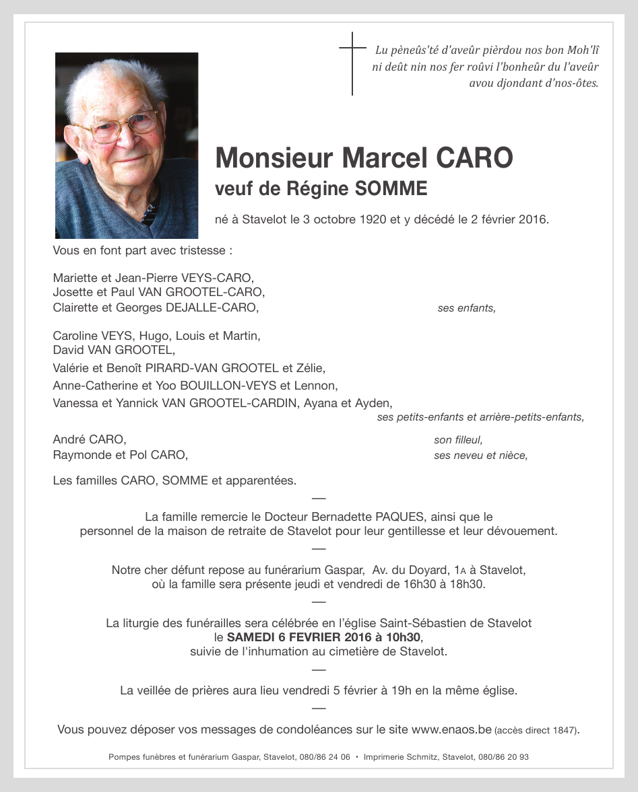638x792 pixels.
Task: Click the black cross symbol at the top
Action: pos(352,63)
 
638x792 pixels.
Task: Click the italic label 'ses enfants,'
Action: pos(466,308)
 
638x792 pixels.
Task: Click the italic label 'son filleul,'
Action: pos(458,440)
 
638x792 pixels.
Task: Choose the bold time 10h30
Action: pos(404,637)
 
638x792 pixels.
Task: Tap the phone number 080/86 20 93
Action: pos(505,757)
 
